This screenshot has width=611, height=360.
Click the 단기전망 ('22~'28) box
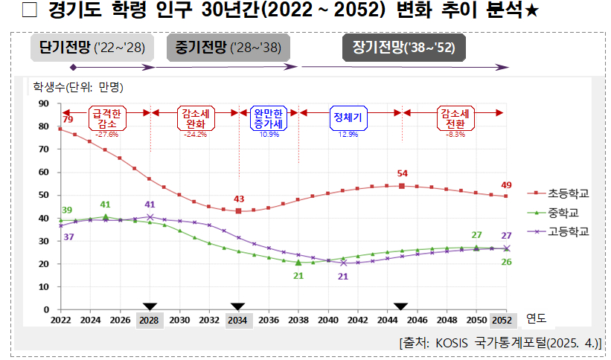pos(92,48)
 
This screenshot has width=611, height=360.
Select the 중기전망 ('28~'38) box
pos(228,48)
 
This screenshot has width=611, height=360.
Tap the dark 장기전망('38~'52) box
pos(404,48)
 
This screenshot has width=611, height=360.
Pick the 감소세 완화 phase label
pos(195,118)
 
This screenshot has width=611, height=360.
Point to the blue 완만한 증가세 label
pos(269,118)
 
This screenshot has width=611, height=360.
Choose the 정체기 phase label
pos(348,118)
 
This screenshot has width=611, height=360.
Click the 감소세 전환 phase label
pos(455,118)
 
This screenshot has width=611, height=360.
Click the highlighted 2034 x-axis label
pos(238,320)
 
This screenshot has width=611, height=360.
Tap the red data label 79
pos(68,119)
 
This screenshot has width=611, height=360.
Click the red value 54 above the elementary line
pos(402,173)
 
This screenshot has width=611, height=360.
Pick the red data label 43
pos(239,199)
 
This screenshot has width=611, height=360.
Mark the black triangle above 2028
pos(150,306)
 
